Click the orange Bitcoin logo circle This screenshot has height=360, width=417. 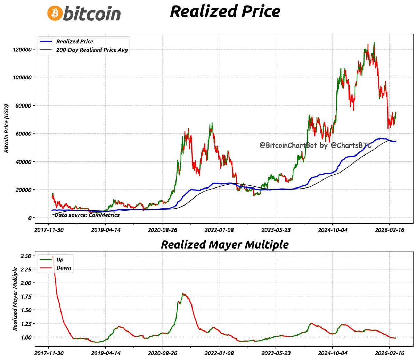point(55,13)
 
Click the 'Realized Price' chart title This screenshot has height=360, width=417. point(225,11)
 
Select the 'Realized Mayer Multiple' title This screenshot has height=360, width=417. point(224,244)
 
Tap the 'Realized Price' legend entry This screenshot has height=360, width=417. point(74,41)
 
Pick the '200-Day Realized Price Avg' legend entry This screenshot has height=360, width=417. point(92,50)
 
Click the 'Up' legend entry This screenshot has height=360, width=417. point(60,260)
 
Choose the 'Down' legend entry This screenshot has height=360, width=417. point(64,268)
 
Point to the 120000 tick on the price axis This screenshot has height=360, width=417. point(22,49)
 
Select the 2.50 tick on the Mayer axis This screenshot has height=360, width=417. point(26,256)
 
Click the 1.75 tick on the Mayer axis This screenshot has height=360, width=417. point(26,296)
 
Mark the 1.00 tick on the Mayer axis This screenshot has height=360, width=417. point(26,337)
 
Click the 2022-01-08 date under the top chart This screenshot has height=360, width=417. point(219,230)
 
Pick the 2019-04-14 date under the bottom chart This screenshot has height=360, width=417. point(106,353)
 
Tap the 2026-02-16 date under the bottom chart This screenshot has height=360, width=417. point(389,353)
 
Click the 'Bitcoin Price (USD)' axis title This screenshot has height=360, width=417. point(6,128)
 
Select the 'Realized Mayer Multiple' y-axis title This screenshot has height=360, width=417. point(15,299)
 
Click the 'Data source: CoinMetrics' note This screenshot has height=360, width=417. point(87,215)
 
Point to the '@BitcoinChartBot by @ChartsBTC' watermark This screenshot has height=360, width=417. point(316,145)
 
